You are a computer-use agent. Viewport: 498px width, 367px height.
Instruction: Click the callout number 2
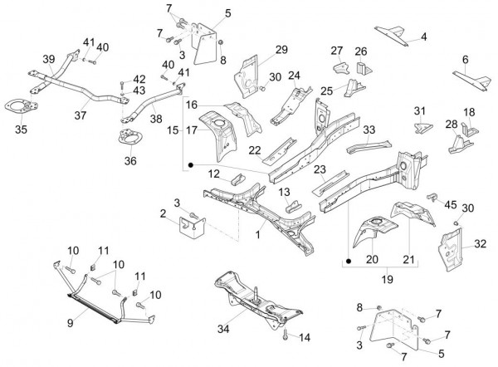tap(164, 214)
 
